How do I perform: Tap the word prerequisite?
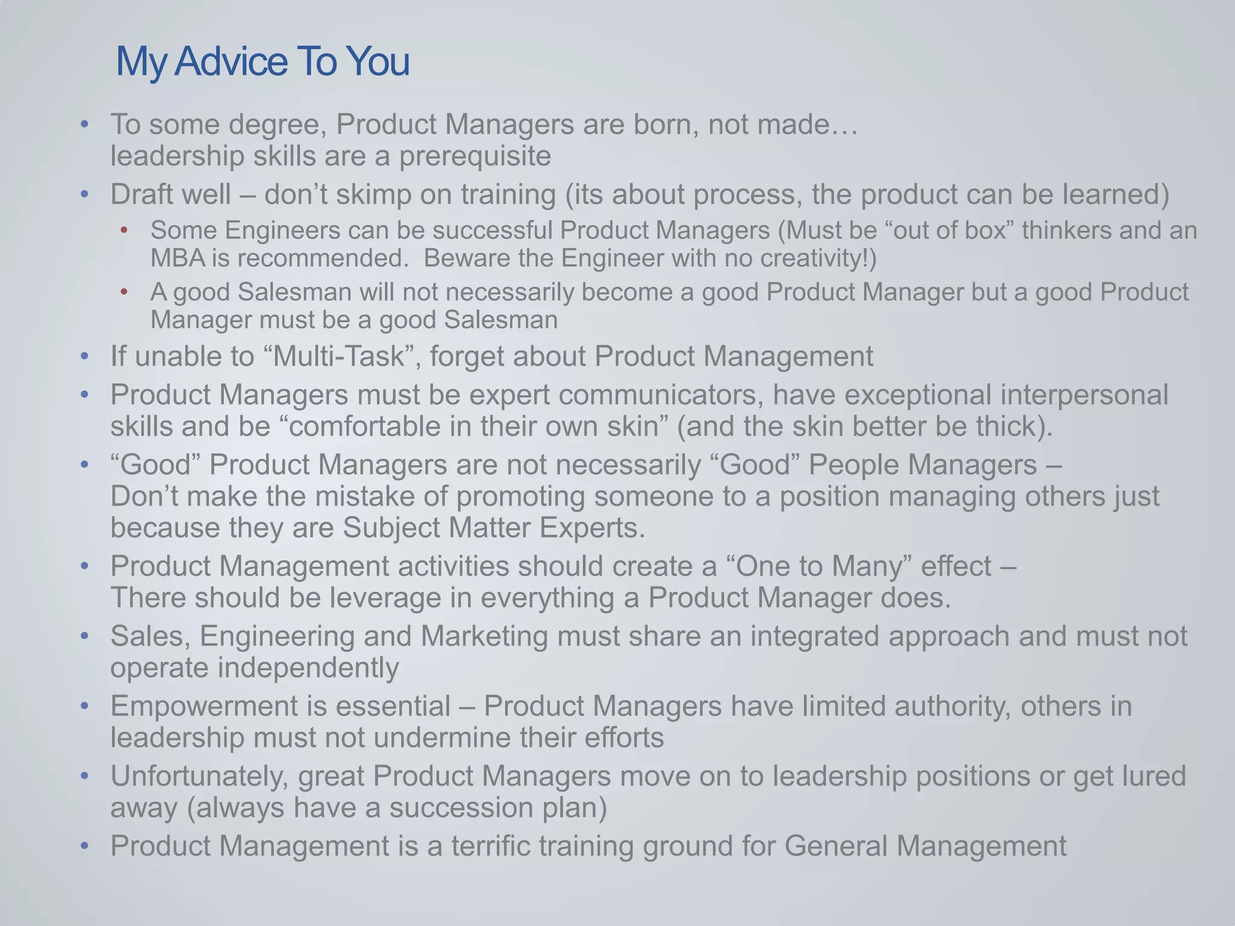pyautogui.click(x=475, y=157)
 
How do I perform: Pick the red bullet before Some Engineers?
pyautogui.click(x=124, y=230)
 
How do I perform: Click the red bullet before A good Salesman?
pyautogui.click(x=124, y=292)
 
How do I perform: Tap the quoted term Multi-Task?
pyautogui.click(x=338, y=356)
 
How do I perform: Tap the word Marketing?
pyautogui.click(x=484, y=637)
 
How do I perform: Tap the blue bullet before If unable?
pyautogui.click(x=84, y=357)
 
